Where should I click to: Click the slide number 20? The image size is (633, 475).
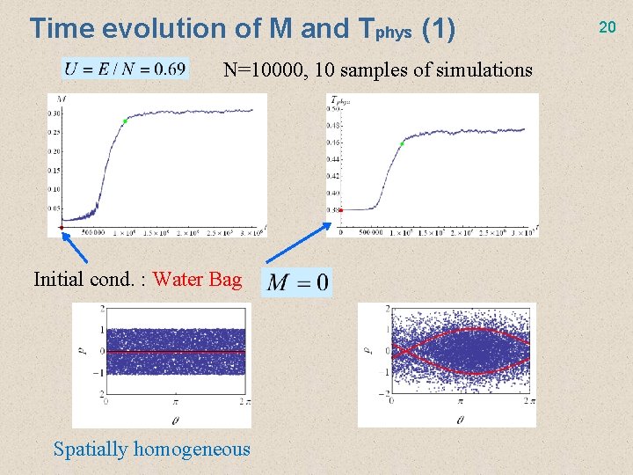click(x=607, y=27)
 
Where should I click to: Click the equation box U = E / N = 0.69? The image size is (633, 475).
click(x=125, y=69)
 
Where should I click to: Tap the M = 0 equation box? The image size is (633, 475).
click(x=298, y=281)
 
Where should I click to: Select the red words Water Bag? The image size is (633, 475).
click(x=197, y=280)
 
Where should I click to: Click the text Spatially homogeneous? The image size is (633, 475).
click(x=151, y=449)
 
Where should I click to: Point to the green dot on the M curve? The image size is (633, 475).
click(x=126, y=121)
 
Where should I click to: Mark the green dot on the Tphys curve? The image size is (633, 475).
click(x=402, y=143)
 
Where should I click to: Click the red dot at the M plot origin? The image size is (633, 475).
click(x=62, y=227)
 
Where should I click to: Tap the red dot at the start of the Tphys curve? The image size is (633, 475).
click(x=340, y=209)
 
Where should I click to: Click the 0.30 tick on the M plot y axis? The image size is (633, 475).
click(x=55, y=113)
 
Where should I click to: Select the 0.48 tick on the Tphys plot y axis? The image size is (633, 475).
click(x=333, y=126)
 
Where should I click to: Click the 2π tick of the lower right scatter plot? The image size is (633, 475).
click(x=524, y=400)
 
